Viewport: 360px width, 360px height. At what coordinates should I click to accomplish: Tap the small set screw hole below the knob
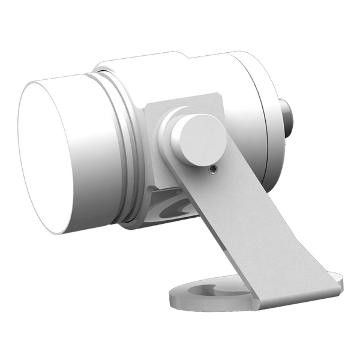click(x=211, y=170)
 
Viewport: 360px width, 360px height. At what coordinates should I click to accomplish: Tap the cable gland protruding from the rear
click(x=287, y=120)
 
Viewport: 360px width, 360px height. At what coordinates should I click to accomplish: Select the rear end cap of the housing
click(x=264, y=120)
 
